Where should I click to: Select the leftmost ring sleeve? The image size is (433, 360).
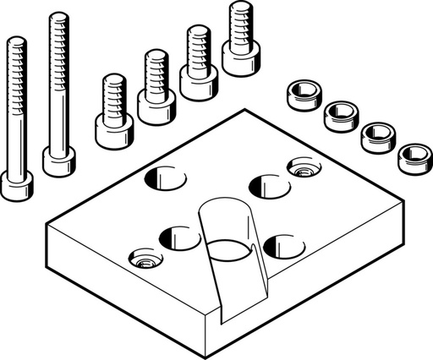coord(302,95)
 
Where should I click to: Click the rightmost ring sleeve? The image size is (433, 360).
coord(414,156)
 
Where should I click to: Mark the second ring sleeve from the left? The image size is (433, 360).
coord(341,115)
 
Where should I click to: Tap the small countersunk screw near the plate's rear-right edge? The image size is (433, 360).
coord(301,166)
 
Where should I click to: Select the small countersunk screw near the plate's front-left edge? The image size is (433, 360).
coord(142,258)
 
